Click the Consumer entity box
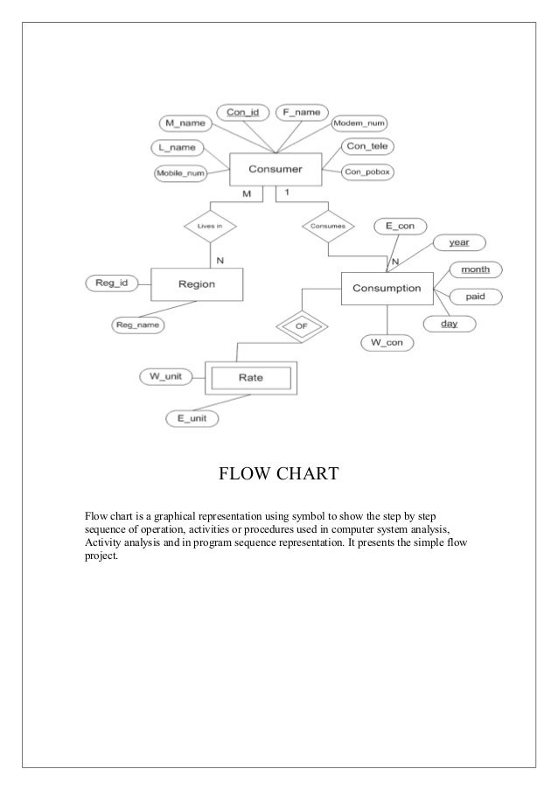pos(276,169)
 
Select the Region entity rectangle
pos(197,283)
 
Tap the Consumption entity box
pos(387,288)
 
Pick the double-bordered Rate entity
pos(251,379)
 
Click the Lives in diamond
pos(210,226)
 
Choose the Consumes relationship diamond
pos(328,226)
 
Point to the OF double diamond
pos(301,327)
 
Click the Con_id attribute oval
pos(241,113)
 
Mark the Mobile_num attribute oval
pos(180,173)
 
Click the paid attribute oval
pos(475,297)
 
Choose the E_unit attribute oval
pos(192,419)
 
